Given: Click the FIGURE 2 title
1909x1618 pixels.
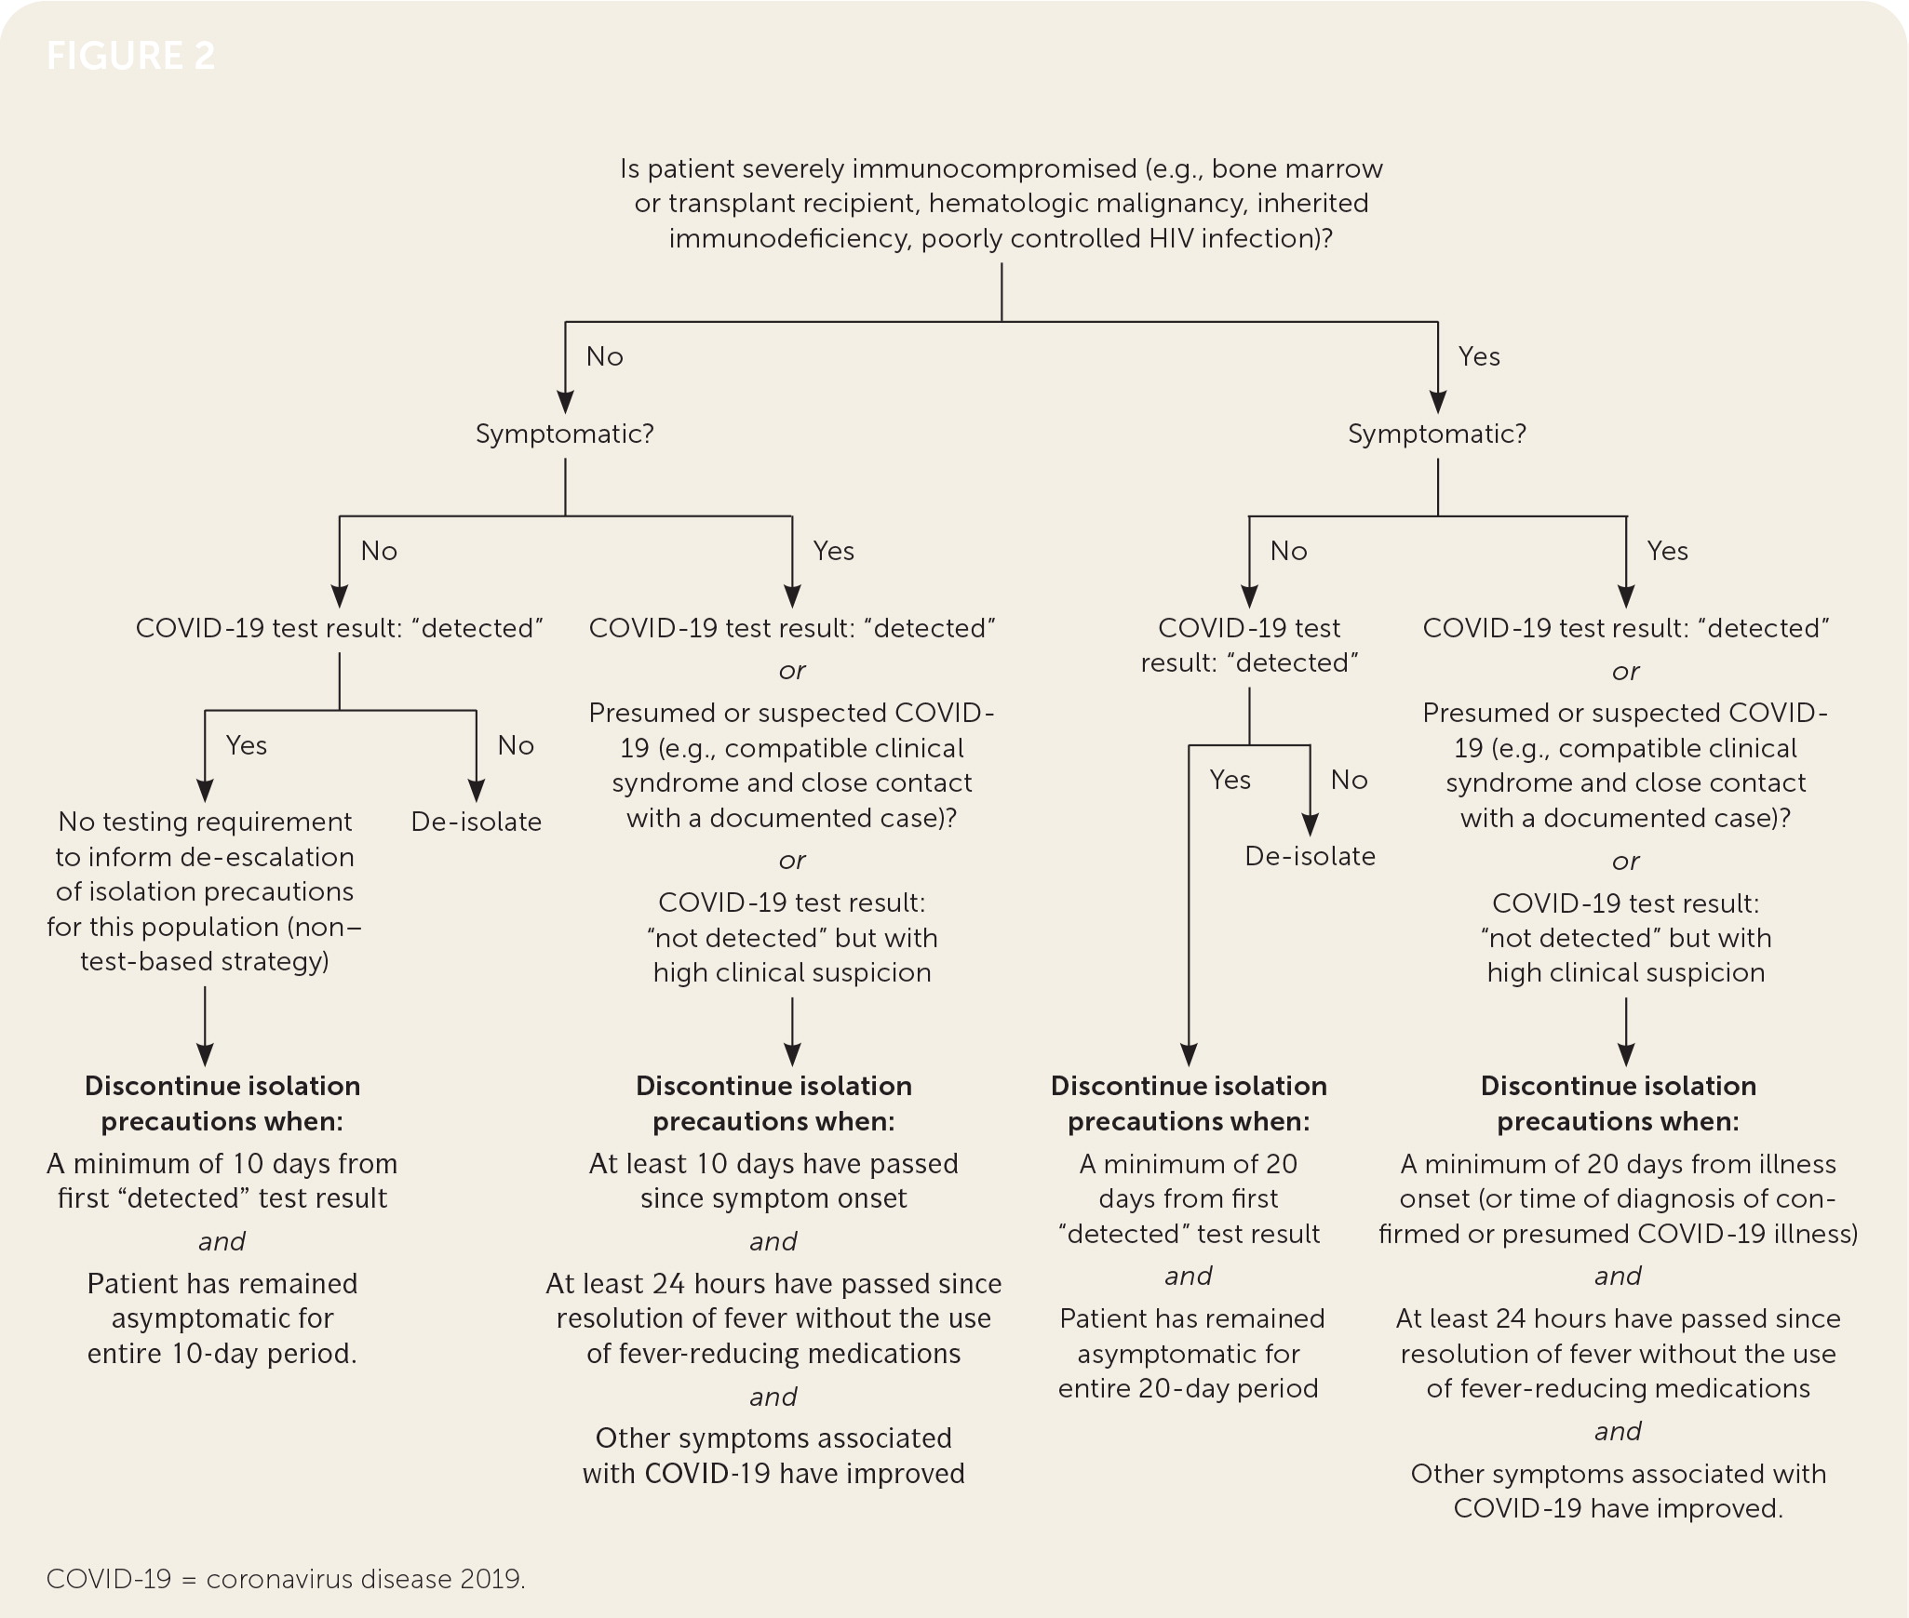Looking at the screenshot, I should pos(130,56).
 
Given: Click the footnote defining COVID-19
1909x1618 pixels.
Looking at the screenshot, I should pos(286,1579).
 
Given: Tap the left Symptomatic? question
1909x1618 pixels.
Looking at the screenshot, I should pos(565,434).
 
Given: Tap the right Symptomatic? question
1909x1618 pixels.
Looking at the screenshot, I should pos(1437,434).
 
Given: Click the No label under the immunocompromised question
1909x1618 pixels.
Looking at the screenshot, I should pos(604,356).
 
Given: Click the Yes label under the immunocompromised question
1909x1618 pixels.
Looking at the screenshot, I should pos(1479,356).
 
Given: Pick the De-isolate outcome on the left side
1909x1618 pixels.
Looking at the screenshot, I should pos(476,822).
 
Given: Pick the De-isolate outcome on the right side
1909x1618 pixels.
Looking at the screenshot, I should pos(1310,856).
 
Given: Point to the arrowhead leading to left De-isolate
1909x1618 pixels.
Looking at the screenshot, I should pos(476,791).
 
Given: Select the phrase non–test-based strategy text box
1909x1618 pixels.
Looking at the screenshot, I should pos(205,943).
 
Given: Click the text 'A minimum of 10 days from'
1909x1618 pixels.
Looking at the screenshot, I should pos(222,1164).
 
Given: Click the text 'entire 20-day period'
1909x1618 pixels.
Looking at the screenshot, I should pos(1189,1388).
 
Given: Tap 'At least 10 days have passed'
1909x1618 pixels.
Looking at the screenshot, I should pos(773,1164).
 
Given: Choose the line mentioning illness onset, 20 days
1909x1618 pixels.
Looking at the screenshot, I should pos(1618,1164).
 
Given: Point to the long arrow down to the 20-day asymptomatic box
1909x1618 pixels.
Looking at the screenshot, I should pos(1189,930).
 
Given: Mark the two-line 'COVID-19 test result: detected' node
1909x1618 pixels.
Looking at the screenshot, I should pos(1249,645).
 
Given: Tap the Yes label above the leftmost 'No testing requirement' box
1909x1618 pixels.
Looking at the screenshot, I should pos(247,745).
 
